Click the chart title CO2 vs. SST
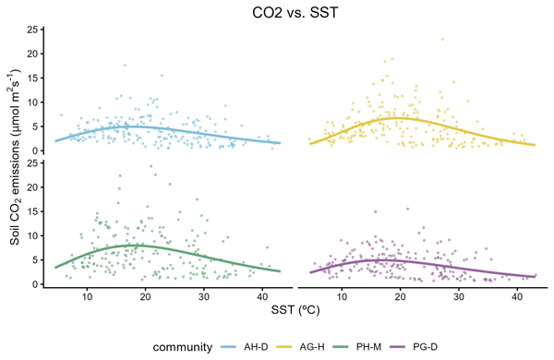point(295,13)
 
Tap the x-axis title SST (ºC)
point(295,310)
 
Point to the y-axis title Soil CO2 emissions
point(15,157)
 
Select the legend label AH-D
point(256,347)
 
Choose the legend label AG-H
point(312,347)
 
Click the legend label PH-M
point(368,347)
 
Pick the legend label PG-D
point(425,347)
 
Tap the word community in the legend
point(183,347)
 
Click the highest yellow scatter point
point(442,40)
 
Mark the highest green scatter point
point(151,166)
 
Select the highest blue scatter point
point(125,66)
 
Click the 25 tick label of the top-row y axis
point(32,30)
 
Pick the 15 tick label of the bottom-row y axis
point(32,211)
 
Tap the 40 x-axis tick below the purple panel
point(517,296)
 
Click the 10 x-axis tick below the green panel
point(87,296)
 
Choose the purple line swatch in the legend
point(398,347)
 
